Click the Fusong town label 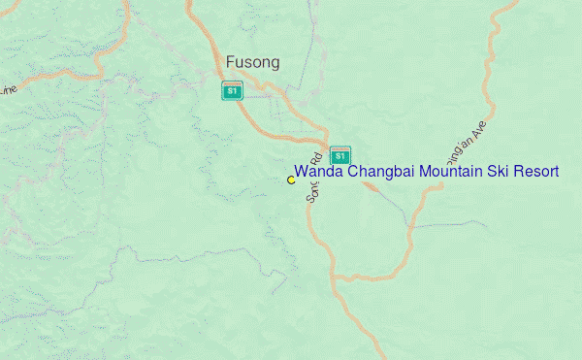tap(252, 62)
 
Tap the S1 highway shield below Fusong tap(231, 91)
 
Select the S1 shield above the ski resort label tap(339, 155)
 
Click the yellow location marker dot tap(291, 180)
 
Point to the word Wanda tap(319, 172)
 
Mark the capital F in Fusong tap(230, 62)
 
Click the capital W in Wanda tap(301, 172)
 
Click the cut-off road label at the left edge tap(8, 90)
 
